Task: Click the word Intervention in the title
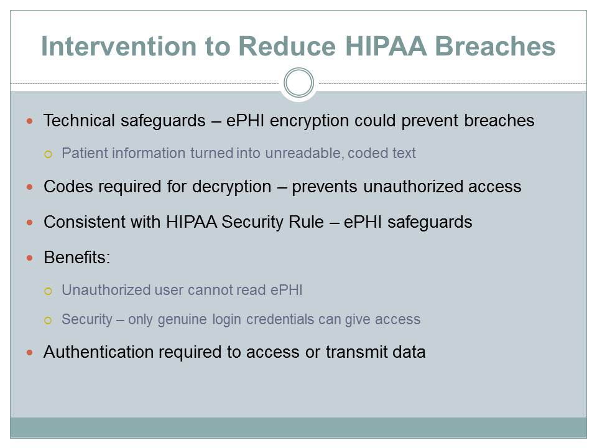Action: [x=119, y=46]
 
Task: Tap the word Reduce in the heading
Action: [x=287, y=46]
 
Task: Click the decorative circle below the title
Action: [x=299, y=83]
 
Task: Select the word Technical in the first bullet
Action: [x=79, y=121]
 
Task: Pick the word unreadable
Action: [x=303, y=153]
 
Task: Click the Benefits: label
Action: [x=77, y=258]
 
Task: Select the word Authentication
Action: [x=99, y=352]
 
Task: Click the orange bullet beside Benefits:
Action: [x=30, y=258]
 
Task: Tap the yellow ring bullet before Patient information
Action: [x=48, y=154]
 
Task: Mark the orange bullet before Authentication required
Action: [x=30, y=352]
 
